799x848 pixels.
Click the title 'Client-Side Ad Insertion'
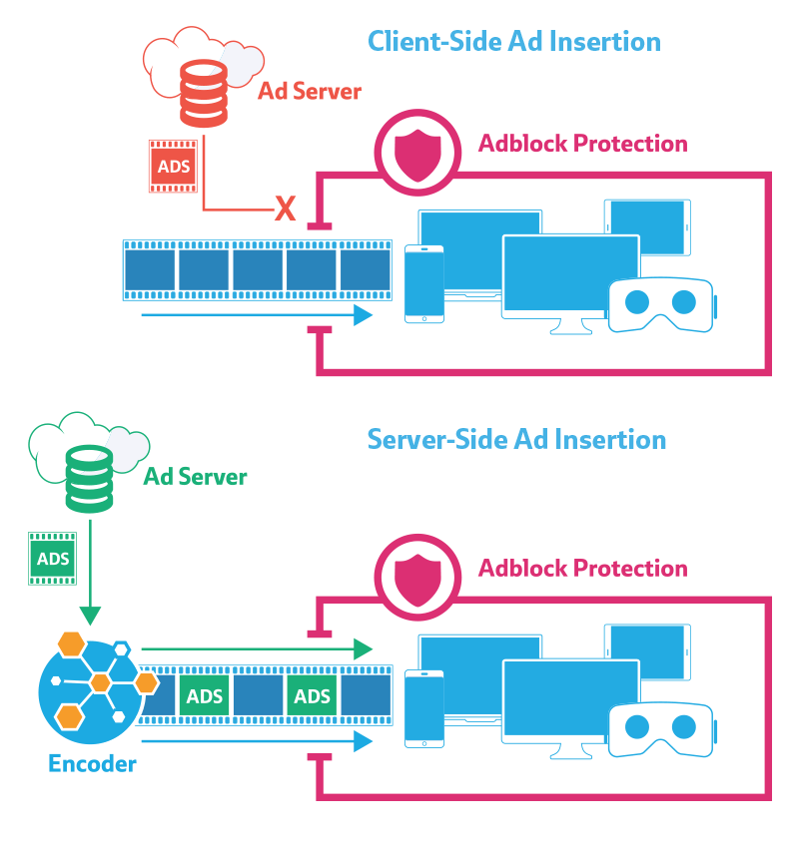pos(514,41)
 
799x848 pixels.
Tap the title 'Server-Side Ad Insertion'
pos(516,439)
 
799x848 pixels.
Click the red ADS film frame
pos(173,165)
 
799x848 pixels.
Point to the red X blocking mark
pos(286,209)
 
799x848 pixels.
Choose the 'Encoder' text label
pos(92,765)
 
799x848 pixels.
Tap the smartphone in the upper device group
pos(423,284)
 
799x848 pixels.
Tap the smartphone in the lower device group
pos(423,708)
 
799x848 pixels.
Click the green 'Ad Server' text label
pos(195,477)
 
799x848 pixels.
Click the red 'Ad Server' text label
pos(310,92)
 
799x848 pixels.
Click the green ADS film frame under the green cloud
pos(54,558)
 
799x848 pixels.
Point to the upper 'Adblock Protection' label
pos(583,144)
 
